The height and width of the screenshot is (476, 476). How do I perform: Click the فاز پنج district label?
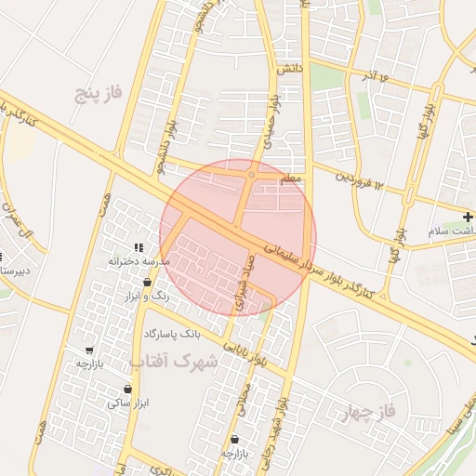tap(99, 93)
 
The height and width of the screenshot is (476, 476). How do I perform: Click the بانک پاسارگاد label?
tap(172, 333)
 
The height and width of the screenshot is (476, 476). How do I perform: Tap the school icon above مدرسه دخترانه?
tap(139, 247)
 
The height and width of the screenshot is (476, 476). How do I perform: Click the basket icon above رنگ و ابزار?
tap(148, 282)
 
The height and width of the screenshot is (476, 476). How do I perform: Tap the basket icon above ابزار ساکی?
tap(127, 389)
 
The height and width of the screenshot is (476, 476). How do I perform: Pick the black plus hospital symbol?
tap(468, 216)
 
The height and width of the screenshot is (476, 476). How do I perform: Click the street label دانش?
tap(289, 70)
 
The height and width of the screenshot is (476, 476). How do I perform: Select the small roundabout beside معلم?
tap(252, 174)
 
